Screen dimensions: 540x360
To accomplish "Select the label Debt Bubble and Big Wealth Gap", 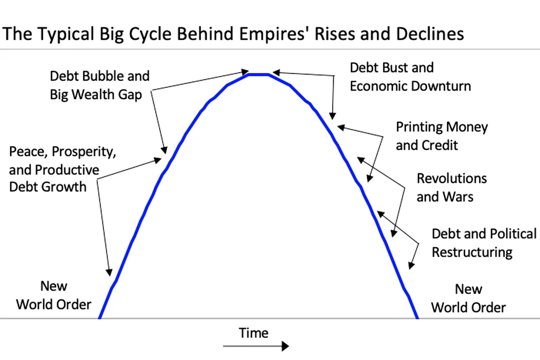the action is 100,85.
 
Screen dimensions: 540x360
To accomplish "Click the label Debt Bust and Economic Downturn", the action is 410,77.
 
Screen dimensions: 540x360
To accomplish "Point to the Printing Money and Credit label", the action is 441,136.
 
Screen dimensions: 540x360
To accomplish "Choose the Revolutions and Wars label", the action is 452,187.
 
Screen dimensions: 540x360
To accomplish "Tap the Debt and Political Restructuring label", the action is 484,243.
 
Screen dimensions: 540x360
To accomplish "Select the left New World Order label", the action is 53,295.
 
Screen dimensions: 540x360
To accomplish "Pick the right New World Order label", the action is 469,298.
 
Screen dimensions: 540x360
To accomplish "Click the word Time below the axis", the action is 254,333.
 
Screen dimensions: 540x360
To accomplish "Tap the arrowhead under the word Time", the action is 285,346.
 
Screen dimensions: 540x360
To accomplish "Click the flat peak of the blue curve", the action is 259,75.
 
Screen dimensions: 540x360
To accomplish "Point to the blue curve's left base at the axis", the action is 100,317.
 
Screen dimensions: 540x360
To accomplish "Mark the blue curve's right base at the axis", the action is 417,317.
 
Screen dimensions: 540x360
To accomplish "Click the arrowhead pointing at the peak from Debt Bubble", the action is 245,71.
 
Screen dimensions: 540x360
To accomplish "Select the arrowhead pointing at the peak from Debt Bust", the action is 276,73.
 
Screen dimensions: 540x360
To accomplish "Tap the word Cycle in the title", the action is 154,34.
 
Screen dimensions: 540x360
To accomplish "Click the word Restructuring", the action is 472,253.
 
